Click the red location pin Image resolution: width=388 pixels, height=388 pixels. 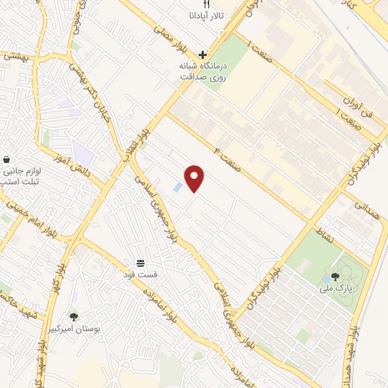coord(196,179)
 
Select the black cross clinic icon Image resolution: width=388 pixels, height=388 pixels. coord(202,54)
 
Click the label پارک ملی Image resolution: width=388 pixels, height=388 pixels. coord(334,289)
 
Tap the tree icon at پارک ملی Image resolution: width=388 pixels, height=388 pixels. coord(336,276)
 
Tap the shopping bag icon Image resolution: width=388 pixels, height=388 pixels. coord(7,160)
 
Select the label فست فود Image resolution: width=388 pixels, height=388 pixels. coord(142,274)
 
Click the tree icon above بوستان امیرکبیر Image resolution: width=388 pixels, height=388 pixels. coord(74,317)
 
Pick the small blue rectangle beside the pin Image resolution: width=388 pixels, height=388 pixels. coord(177,186)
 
